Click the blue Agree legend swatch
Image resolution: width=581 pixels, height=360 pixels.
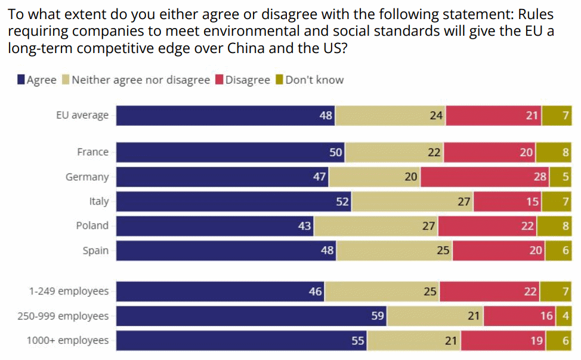click(x=21, y=80)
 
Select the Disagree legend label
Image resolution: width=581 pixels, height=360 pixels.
click(x=248, y=80)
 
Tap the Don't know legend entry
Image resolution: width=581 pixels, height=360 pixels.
click(x=314, y=80)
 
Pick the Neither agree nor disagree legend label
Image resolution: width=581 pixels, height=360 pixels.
click(x=141, y=80)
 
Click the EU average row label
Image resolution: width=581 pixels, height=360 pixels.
click(x=82, y=115)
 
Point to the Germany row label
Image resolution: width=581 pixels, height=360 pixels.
click(x=87, y=177)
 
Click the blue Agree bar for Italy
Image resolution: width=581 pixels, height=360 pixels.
click(x=233, y=201)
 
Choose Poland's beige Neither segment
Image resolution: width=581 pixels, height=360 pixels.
click(x=376, y=226)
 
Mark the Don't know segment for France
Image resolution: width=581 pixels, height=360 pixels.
click(x=554, y=153)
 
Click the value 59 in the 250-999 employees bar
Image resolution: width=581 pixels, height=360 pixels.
click(x=378, y=316)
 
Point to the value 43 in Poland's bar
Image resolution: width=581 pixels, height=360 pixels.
click(x=304, y=226)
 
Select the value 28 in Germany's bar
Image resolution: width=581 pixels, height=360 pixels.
click(x=540, y=177)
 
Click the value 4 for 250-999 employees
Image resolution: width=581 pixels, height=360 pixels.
click(x=565, y=316)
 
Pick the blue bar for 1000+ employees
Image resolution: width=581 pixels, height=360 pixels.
click(x=241, y=340)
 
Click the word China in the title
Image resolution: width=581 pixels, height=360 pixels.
click(x=246, y=48)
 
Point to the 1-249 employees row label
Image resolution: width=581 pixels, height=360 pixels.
click(x=69, y=291)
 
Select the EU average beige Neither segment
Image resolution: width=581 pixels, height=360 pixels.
click(x=391, y=115)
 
